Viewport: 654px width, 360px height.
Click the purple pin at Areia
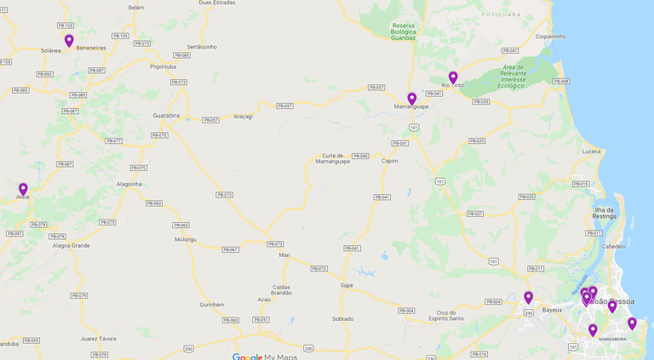tap(23, 190)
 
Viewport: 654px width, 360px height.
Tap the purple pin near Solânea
tap(69, 41)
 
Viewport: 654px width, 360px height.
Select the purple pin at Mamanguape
tap(411, 99)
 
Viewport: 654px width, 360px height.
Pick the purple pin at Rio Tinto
tap(453, 78)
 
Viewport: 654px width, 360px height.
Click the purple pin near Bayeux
tap(528, 298)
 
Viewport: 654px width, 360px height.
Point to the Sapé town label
tap(346, 285)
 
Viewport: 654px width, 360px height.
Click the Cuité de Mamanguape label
tap(332, 159)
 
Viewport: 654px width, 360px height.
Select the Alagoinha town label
tap(129, 184)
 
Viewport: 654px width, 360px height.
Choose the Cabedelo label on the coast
tap(613, 246)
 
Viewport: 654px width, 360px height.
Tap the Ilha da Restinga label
tap(605, 213)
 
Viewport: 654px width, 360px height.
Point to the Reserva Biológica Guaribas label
tap(403, 31)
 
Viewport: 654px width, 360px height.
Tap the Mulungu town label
tap(185, 240)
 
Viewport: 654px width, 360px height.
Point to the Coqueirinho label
tap(550, 37)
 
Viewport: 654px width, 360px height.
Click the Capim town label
tap(390, 160)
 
